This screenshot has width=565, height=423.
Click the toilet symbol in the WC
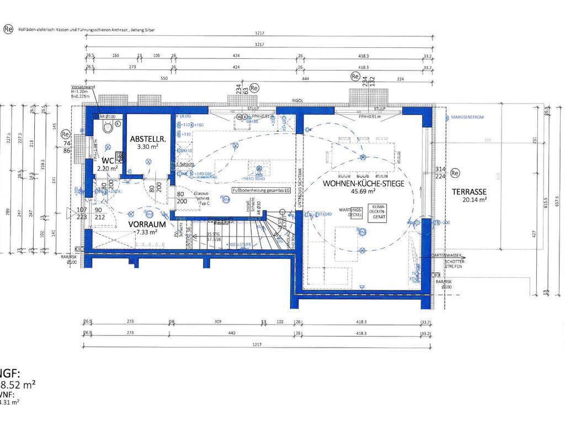(x=107, y=128)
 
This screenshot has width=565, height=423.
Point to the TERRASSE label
(x=469, y=192)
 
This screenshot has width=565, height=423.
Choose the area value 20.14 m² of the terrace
(x=475, y=200)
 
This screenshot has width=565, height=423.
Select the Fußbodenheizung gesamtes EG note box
(x=260, y=190)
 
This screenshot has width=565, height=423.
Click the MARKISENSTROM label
(x=466, y=118)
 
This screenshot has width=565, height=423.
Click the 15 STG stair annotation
(x=214, y=234)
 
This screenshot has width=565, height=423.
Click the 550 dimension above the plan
(x=163, y=79)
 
